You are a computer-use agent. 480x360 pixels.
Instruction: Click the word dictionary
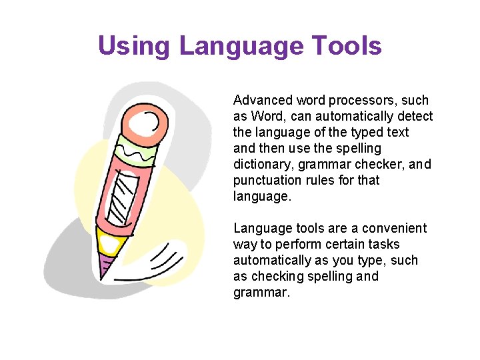pos(262,165)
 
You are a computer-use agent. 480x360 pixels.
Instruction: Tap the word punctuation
pos(267,181)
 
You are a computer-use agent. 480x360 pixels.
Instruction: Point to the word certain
pos(330,245)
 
